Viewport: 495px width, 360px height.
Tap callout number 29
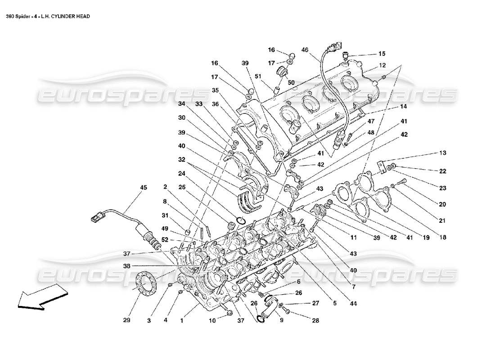coord(127,320)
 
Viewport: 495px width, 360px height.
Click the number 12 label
coord(382,65)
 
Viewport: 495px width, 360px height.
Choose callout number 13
coord(443,153)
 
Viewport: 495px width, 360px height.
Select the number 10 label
coord(212,320)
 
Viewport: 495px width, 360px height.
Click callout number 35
coord(216,90)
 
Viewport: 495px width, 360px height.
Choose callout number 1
coord(181,320)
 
